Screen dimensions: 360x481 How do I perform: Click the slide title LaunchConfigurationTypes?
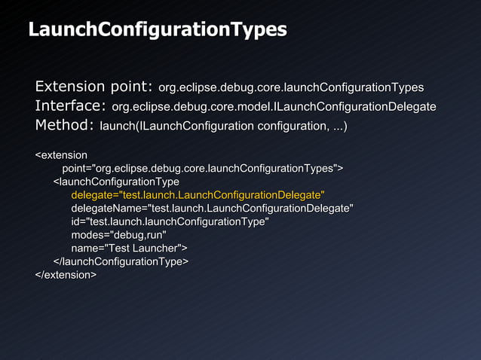tap(157, 30)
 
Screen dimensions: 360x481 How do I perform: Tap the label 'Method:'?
tap(65, 125)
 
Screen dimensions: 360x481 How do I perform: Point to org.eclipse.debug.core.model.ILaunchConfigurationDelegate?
tap(274, 107)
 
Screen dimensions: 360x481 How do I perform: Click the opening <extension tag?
tap(61, 155)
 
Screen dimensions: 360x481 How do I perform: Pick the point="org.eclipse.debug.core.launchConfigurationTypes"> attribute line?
tap(203, 168)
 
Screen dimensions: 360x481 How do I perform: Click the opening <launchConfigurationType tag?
tap(116, 182)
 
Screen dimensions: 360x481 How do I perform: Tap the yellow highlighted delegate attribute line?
tap(198, 195)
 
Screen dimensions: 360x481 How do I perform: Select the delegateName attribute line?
tap(212, 208)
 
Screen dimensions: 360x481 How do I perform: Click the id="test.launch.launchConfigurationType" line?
tap(170, 221)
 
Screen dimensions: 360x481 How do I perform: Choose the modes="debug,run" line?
tap(119, 235)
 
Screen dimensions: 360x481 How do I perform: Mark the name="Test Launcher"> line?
tap(130, 248)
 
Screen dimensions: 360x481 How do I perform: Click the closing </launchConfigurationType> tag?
tap(121, 261)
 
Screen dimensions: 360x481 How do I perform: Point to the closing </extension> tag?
tap(66, 275)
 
